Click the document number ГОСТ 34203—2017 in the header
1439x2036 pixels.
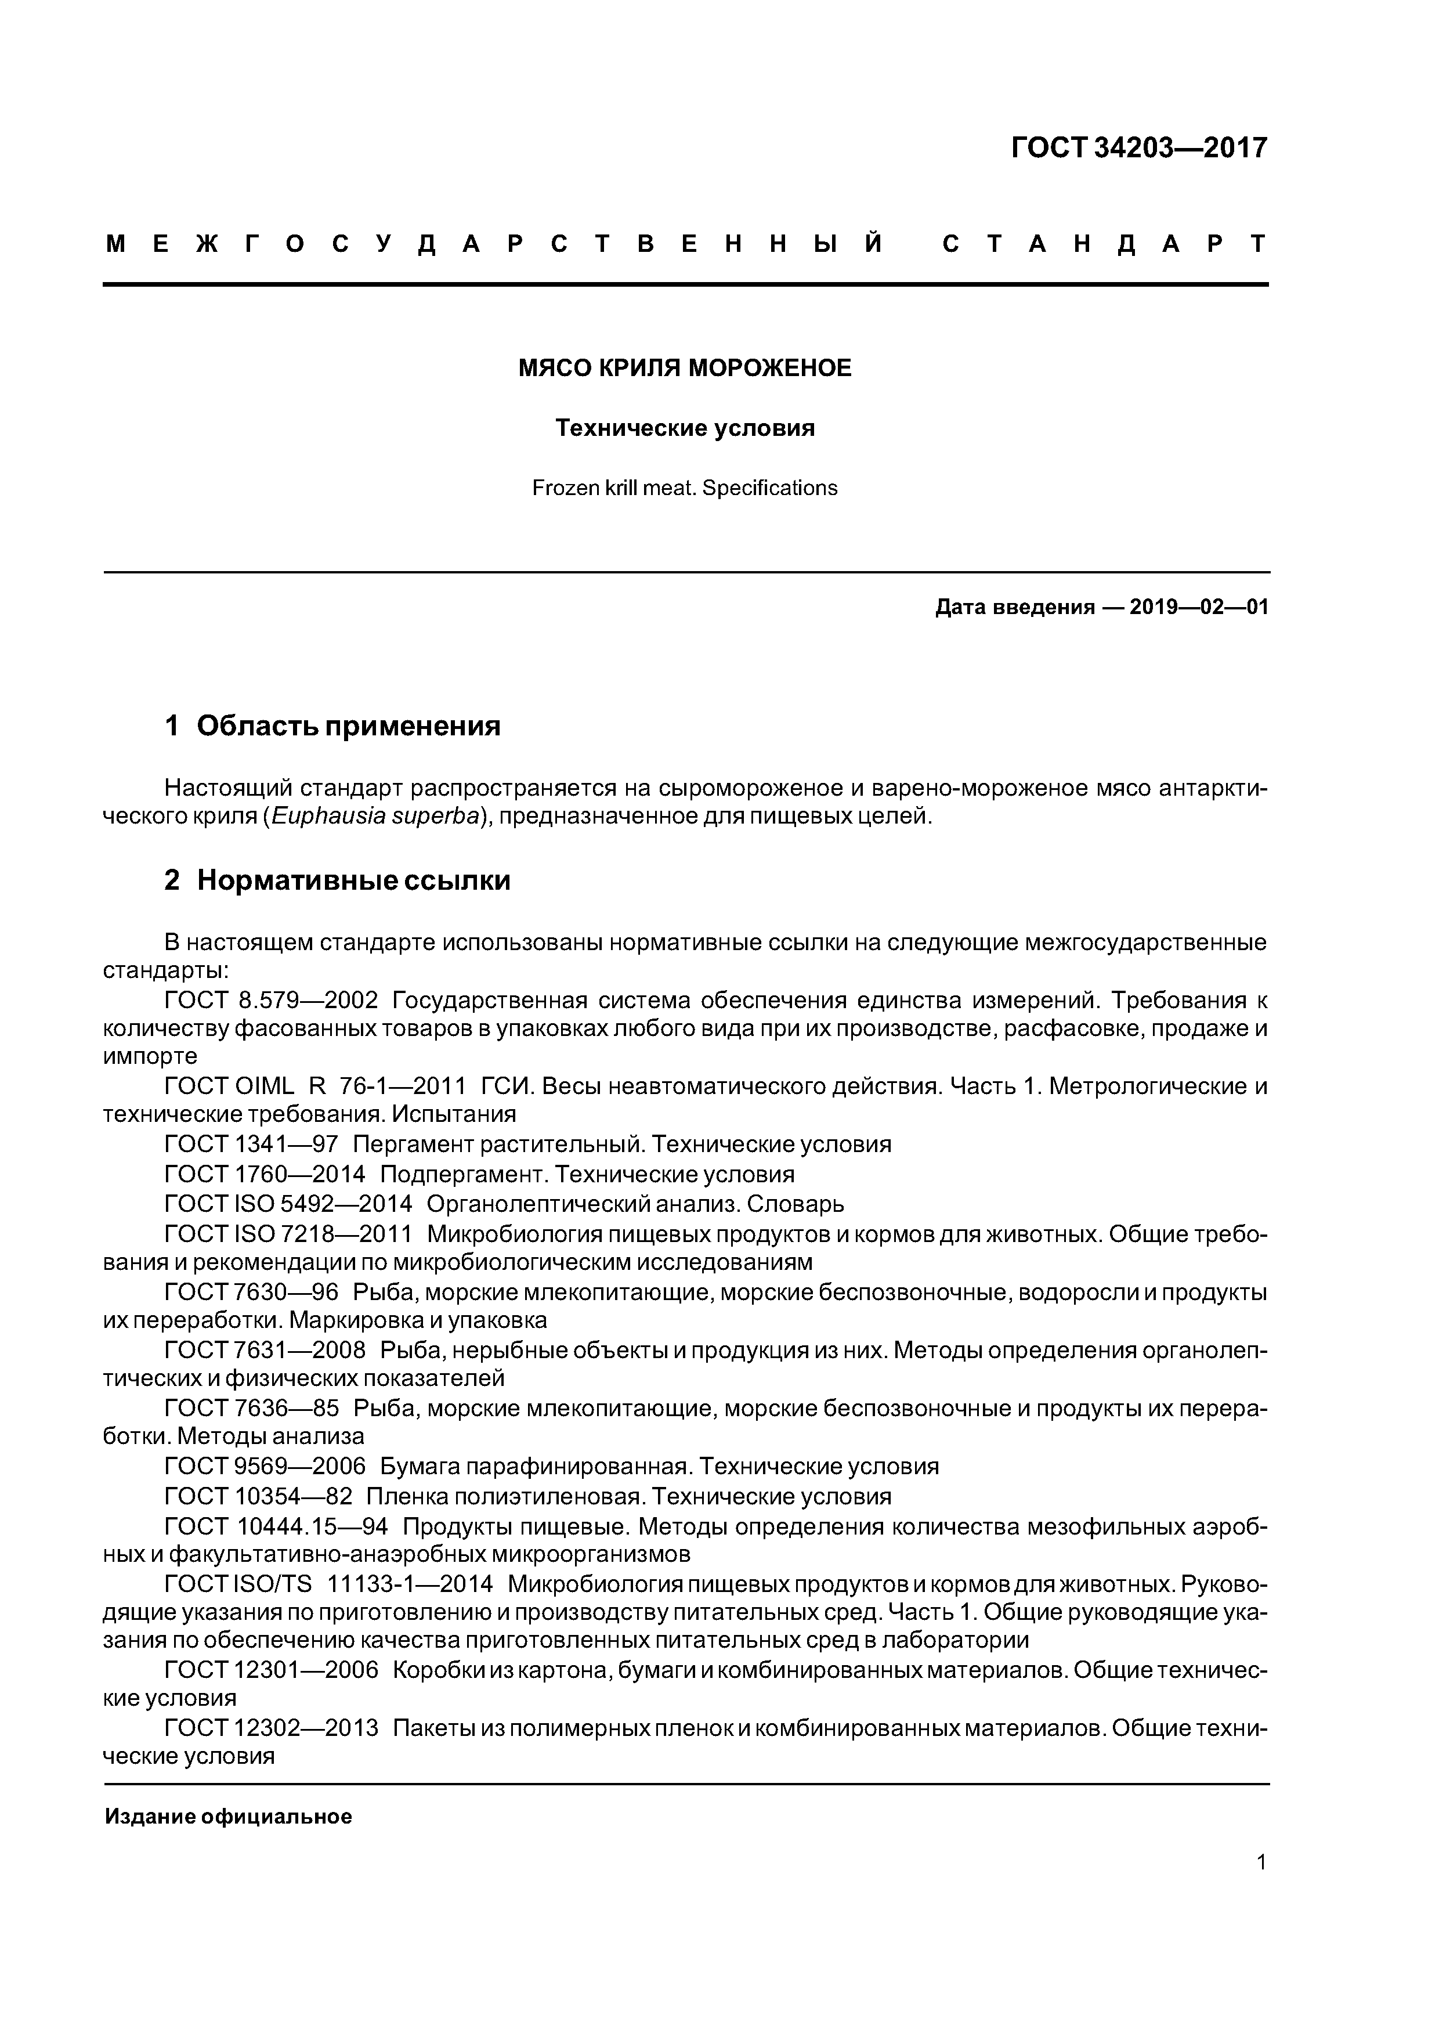[1140, 147]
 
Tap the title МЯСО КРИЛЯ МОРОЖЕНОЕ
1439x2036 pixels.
[685, 368]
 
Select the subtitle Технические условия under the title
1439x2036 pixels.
[685, 428]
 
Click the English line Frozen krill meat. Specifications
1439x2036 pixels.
[685, 488]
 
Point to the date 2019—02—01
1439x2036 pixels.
[1199, 608]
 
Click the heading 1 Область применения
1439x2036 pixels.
[332, 725]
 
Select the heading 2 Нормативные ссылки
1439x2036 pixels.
[338, 880]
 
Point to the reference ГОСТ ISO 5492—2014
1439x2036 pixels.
[289, 1204]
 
